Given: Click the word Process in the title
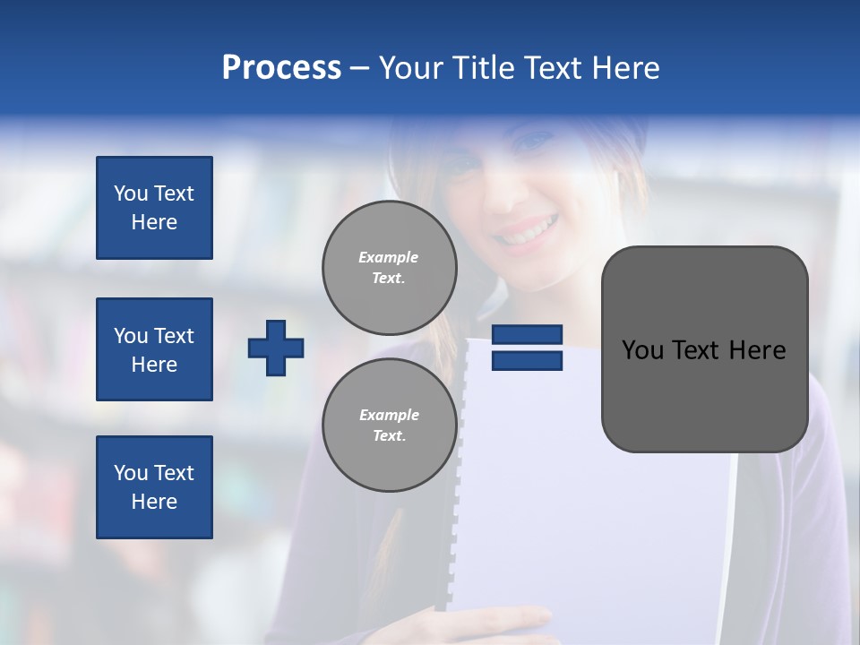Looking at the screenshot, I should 281,68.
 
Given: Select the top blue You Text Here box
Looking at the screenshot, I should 154,208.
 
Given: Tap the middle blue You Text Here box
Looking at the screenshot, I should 154,349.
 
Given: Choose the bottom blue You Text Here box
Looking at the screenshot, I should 154,487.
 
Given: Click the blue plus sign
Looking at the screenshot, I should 276,348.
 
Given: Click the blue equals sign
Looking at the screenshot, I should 527,348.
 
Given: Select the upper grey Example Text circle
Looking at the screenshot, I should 390,268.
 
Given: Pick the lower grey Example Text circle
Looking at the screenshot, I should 390,425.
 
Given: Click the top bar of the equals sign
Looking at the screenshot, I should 527,334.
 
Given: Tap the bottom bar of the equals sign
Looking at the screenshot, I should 527,360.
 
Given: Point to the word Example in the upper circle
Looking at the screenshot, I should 389,257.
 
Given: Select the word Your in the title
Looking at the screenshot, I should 408,68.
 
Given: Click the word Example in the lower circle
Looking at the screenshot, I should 389,415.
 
